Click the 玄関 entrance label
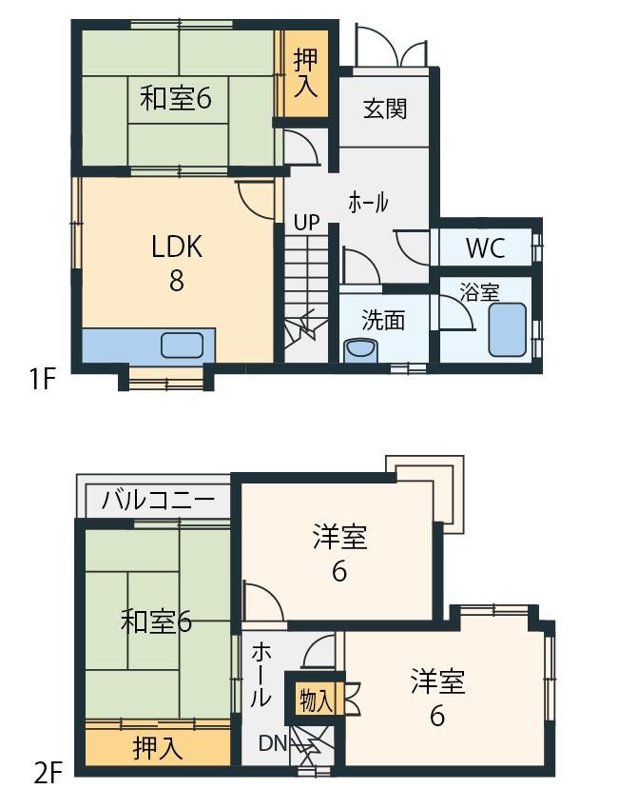pos(385,109)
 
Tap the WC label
pos(485,248)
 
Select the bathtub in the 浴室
pos(507,329)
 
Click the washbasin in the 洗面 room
pos(360,350)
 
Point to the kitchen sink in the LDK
pos(182,345)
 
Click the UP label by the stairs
pos(307,223)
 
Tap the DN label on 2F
pos(273,743)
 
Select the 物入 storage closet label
pos(316,700)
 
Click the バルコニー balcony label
pos(158,500)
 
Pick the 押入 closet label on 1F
pos(305,73)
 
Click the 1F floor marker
pos(42,381)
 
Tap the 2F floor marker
pos(48,775)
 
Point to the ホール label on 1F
pos(368,202)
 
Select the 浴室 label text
pos(479,292)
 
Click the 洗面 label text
pos(383,320)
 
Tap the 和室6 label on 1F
pos(176,98)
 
